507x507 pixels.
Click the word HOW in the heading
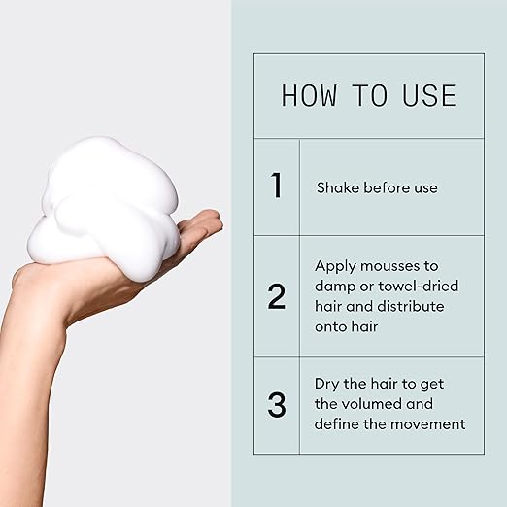[x=309, y=95]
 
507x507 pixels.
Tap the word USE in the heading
[x=429, y=95]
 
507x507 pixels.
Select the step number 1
[x=276, y=185]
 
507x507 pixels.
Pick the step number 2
[x=277, y=296]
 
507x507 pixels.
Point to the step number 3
[x=277, y=404]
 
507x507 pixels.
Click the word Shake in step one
[x=338, y=187]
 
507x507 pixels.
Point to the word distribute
[x=411, y=306]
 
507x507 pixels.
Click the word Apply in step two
[x=335, y=267]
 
